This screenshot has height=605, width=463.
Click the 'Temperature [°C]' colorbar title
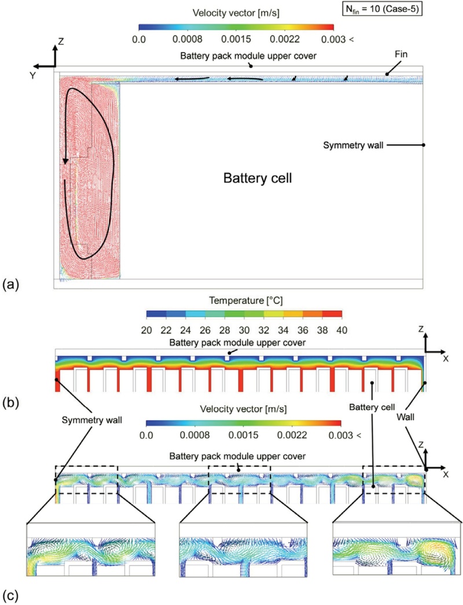coord(242,300)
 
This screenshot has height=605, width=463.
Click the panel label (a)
coord(12,284)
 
